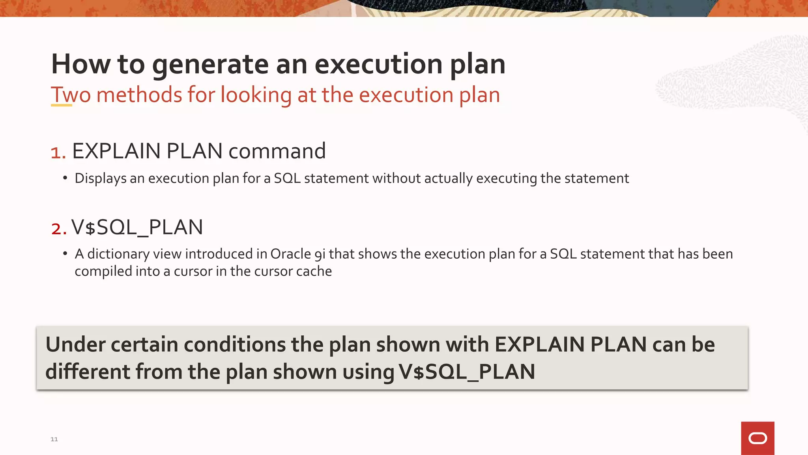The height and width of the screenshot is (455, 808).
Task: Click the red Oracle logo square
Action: coord(757,438)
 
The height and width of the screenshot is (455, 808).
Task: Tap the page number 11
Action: coord(54,439)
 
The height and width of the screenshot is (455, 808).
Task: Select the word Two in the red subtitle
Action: coord(71,95)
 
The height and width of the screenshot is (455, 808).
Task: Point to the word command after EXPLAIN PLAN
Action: coord(277,151)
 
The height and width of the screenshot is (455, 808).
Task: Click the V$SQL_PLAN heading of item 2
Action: coord(137,227)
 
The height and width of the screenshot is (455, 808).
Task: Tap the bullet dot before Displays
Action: coord(65,178)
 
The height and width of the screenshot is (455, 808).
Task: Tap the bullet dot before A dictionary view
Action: coord(65,254)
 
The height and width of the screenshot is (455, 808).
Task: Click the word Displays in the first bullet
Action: coord(101,179)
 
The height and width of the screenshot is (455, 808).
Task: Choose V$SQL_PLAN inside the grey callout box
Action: coord(467,372)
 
